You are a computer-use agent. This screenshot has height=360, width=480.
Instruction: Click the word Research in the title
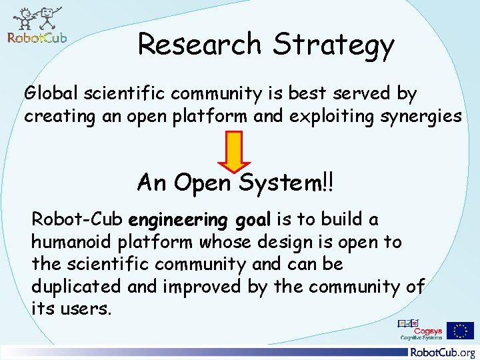199,44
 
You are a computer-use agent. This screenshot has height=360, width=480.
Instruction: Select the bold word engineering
179,220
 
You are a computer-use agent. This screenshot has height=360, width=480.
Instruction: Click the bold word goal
253,220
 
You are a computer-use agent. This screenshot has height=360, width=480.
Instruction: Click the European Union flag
460,330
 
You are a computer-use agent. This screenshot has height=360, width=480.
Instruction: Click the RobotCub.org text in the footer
443,353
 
